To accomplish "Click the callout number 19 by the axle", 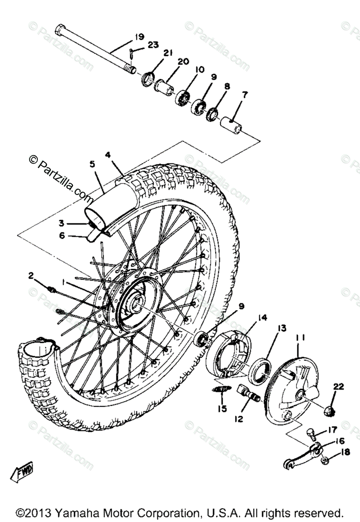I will coord(139,37).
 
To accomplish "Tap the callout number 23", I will coord(153,44).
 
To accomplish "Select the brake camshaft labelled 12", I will coord(249,392).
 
